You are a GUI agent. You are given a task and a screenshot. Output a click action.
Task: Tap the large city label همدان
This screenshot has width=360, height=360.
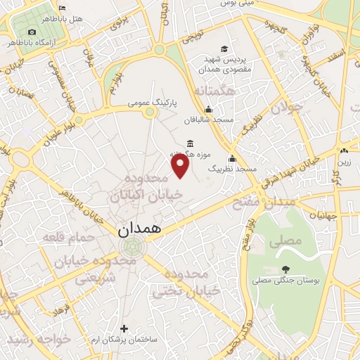(x=139, y=229)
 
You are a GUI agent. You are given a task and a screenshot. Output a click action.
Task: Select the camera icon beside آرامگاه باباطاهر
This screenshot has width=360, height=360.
(x=32, y=32)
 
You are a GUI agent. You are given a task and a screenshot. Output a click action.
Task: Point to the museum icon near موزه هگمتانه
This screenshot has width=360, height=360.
(x=191, y=143)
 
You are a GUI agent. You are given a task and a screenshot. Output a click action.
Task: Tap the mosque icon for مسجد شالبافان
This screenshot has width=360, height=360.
(x=208, y=110)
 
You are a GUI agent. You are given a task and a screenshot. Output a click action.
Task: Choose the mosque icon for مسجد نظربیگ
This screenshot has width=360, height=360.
(x=232, y=158)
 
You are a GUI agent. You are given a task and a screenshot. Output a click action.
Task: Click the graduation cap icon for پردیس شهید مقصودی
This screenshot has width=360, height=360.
(x=224, y=49)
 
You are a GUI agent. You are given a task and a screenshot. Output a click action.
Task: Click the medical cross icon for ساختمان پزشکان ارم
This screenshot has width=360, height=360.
(x=124, y=328)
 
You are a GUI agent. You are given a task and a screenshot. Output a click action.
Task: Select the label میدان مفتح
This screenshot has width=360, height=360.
(x=261, y=201)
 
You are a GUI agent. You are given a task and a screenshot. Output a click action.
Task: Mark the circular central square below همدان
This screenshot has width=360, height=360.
(x=131, y=247)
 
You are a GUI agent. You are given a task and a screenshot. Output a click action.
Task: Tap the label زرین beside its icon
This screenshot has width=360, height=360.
(x=344, y=162)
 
